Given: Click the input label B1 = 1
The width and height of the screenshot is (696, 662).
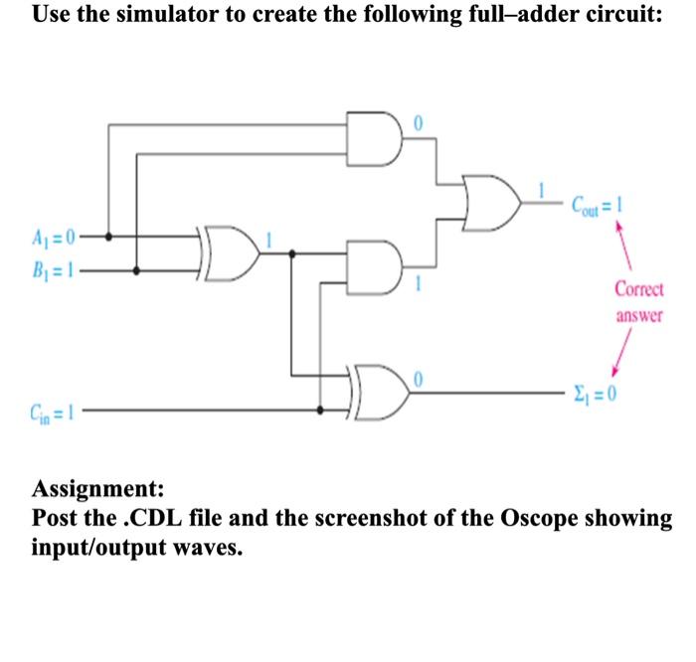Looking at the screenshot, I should pyautogui.click(x=46, y=266).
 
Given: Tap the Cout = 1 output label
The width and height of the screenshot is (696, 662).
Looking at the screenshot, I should pyautogui.click(x=597, y=206).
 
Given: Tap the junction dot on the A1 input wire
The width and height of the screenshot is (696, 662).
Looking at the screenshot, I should pyautogui.click(x=109, y=238).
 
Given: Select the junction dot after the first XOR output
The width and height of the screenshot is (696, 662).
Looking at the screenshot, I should pyautogui.click(x=291, y=252).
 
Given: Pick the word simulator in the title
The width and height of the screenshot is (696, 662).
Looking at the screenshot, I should pyautogui.click(x=162, y=17).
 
